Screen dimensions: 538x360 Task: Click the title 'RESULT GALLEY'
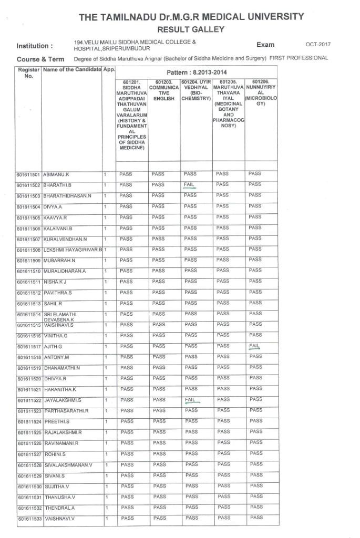191,29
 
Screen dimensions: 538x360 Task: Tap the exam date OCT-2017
318,45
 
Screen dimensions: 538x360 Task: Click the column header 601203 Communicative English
164,90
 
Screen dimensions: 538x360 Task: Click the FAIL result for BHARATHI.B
190,184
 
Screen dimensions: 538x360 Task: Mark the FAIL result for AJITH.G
254,346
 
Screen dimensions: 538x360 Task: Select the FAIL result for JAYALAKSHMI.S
190,400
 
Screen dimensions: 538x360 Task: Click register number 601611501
29,174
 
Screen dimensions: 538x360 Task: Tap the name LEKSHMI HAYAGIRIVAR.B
73,250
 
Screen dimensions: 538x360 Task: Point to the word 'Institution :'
35,46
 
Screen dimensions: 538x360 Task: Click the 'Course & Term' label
40,59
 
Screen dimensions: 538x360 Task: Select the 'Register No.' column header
28,73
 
